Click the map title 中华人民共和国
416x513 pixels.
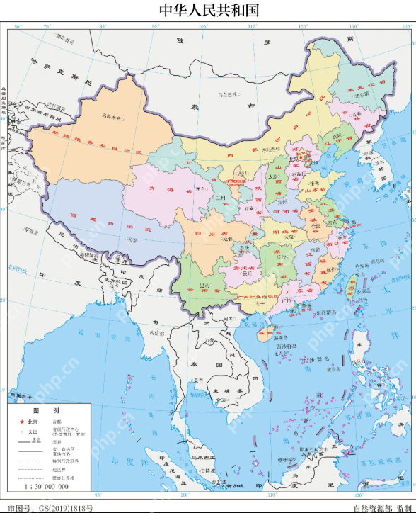(x=208, y=10)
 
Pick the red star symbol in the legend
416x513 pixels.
(x=22, y=421)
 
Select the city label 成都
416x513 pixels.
(x=228, y=239)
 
